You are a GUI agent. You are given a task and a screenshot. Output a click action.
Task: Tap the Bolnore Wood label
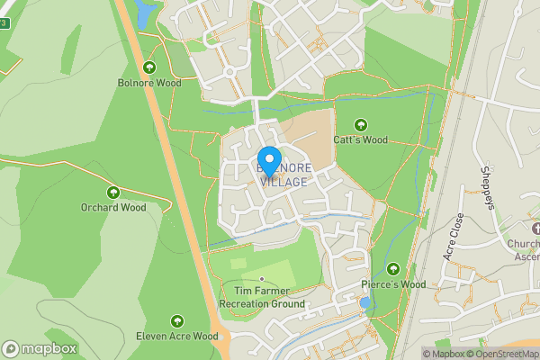tap(148, 83)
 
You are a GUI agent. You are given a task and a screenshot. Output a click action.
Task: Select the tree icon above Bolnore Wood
tap(148, 67)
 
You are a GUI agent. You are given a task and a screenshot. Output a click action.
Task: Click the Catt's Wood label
tap(360, 140)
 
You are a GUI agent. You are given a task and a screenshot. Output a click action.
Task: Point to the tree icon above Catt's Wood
tap(361, 125)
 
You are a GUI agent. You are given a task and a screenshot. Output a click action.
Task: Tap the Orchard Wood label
tap(113, 207)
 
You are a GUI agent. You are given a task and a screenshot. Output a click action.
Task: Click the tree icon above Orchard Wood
tap(113, 192)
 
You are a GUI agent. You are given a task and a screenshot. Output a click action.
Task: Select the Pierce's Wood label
tap(393, 284)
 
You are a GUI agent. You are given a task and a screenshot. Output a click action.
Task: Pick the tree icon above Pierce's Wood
tap(393, 269)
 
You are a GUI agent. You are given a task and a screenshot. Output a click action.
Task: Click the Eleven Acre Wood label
tap(177, 337)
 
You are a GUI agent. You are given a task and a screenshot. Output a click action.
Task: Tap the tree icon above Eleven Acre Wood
tap(177, 321)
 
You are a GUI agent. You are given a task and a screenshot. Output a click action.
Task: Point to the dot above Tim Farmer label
tap(263, 279)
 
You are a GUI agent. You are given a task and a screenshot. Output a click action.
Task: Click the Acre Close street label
tap(453, 237)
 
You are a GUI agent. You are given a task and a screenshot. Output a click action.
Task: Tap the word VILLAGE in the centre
tap(284, 182)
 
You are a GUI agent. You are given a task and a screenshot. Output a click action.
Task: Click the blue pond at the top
tap(143, 13)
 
